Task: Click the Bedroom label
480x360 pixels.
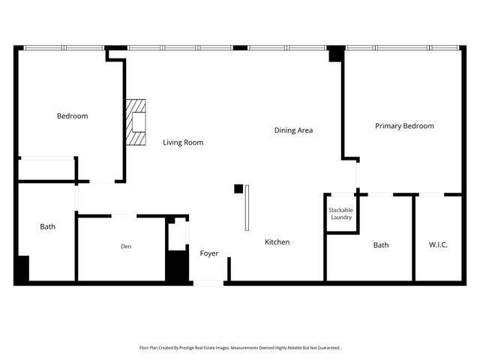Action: point(73,116)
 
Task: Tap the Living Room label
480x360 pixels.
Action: point(183,142)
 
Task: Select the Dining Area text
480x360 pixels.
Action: point(293,130)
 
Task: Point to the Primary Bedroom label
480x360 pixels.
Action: point(404,126)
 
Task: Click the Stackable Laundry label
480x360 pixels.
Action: point(340,214)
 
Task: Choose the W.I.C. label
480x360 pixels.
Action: point(438,245)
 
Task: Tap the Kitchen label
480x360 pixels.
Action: point(277,242)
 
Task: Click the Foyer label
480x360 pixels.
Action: point(209,253)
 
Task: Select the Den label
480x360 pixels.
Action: point(126,246)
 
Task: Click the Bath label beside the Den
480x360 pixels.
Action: point(47,226)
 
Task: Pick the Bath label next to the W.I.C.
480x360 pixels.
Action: point(381,245)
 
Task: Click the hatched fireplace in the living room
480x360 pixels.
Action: point(136,122)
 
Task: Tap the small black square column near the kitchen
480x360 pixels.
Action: point(238,189)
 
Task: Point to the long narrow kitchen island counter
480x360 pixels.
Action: point(246,209)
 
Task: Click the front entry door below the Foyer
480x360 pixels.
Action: point(208,283)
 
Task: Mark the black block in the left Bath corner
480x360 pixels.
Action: point(22,268)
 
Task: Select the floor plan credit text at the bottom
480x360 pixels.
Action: point(240,348)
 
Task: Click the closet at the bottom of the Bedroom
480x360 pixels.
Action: point(46,169)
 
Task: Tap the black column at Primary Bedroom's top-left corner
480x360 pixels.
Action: point(336,53)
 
